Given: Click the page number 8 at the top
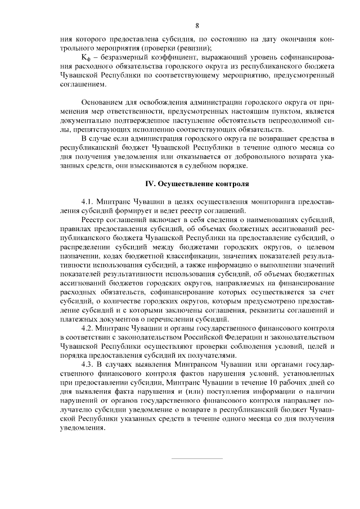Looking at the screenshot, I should pyautogui.click(x=197, y=25).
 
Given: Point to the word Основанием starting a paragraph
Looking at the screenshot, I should pyautogui.click(x=103, y=103).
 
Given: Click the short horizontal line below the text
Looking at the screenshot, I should pyautogui.click(x=197, y=458).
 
